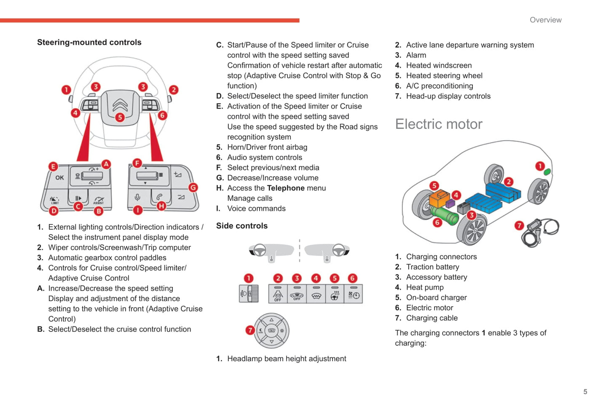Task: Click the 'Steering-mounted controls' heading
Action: (89, 43)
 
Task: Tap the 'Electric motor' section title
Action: (438, 124)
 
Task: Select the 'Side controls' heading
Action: (241, 226)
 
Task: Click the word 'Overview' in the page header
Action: (545, 20)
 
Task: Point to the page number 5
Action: (585, 392)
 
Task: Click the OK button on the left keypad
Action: (59, 178)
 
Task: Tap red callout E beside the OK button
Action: (53, 166)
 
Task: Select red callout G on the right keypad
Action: (193, 187)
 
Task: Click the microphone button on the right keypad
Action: (137, 197)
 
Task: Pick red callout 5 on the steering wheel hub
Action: (120, 118)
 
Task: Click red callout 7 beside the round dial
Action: (250, 330)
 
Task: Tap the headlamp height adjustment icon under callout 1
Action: (249, 294)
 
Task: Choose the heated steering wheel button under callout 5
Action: (335, 294)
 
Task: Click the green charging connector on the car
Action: (547, 172)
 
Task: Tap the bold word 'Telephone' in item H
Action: (285, 188)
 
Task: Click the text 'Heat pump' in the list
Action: (425, 287)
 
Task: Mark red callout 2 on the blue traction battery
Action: (509, 182)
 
